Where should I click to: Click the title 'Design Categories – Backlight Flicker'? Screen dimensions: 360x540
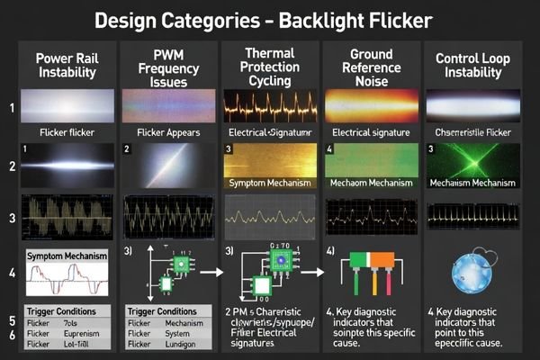270,20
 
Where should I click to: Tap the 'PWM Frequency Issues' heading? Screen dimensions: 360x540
167,67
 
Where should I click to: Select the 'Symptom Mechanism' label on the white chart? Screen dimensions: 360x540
67,256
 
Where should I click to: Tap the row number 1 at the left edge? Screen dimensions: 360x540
12,108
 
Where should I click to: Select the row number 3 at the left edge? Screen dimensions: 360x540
12,219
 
